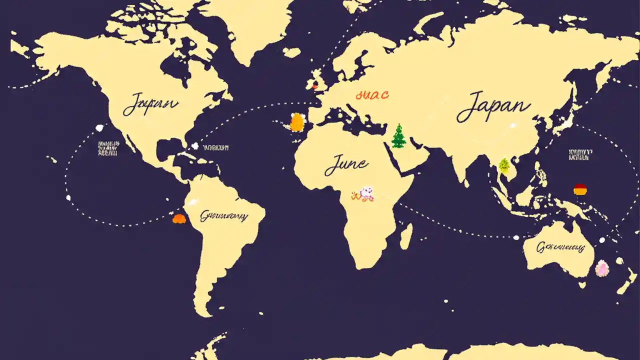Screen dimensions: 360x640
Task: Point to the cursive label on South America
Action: tap(223, 216)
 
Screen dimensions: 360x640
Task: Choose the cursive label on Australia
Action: tap(560, 246)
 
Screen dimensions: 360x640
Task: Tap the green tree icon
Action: tap(398, 136)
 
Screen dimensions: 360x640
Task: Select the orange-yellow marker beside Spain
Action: tap(297, 122)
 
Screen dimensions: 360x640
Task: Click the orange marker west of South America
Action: tap(178, 218)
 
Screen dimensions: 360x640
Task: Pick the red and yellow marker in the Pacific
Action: tap(580, 189)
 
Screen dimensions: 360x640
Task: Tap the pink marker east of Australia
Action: tap(602, 268)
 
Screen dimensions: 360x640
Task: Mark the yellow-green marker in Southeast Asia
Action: tap(503, 165)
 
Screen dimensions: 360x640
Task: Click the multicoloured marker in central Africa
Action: tap(363, 194)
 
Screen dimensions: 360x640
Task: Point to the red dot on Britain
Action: tap(314, 87)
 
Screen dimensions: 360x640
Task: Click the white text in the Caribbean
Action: tap(215, 148)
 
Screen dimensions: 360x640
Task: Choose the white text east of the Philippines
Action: tap(579, 154)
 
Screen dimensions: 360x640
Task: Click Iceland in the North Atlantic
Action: tap(291, 52)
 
